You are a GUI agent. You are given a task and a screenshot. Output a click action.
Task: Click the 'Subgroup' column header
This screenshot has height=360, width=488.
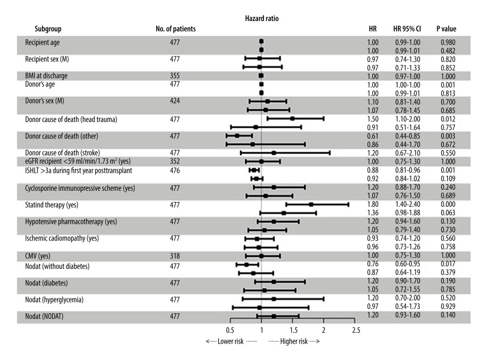[48, 29]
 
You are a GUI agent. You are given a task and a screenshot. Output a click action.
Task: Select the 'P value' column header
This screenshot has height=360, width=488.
[446, 29]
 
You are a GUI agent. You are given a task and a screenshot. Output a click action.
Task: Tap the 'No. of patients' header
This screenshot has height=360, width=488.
[176, 29]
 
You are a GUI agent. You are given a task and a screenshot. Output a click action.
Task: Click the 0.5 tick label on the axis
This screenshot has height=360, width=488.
[229, 331]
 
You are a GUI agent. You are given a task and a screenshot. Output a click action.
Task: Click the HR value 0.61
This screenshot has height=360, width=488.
[373, 136]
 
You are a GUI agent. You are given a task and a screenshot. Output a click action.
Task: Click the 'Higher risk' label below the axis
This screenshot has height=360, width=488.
[294, 341]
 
